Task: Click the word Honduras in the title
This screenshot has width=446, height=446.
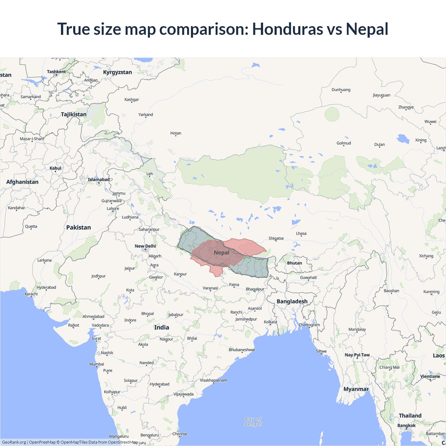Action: coord(287,29)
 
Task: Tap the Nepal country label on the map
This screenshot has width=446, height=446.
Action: coord(222,253)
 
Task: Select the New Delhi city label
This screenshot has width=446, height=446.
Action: coord(145,246)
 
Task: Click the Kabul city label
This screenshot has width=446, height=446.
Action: coord(55,168)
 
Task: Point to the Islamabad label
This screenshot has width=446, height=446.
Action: coord(99,180)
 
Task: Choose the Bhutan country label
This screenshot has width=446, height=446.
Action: coord(294,263)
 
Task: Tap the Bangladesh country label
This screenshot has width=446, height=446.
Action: coord(292,301)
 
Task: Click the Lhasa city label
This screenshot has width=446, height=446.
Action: coord(301,233)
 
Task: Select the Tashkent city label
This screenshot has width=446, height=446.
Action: coord(56,72)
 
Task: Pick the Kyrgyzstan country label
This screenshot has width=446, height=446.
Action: coord(117,72)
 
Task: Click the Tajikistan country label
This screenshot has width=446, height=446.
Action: coord(74,114)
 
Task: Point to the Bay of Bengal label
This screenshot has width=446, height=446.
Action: coord(253,422)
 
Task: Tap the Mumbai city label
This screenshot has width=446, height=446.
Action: coord(97,364)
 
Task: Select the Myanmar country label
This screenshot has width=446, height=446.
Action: coord(356,389)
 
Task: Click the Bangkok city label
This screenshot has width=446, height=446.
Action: coord(406,425)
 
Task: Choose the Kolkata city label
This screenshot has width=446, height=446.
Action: coord(270,322)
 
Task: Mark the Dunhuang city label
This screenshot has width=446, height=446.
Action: coord(341,90)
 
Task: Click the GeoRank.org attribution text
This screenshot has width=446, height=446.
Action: coord(14,442)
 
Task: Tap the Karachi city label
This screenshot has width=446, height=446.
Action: coord(31,294)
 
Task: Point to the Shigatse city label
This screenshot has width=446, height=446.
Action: coord(276,239)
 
